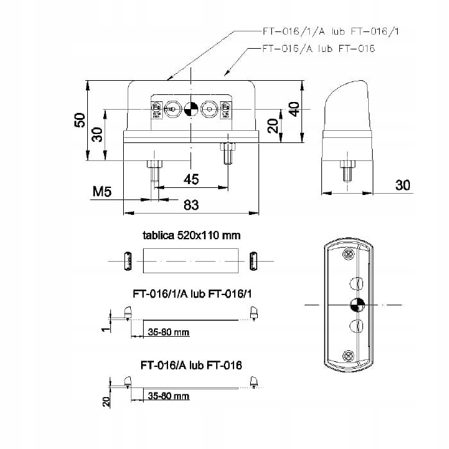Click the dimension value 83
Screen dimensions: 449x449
[x=191, y=205]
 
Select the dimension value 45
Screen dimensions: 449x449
[x=191, y=180]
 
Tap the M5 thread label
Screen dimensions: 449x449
[x=103, y=191]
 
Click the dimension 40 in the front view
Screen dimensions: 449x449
[x=294, y=109]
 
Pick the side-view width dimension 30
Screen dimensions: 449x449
[x=402, y=185]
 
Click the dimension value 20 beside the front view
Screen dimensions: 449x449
[x=273, y=126]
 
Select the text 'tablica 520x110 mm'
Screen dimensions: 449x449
[x=191, y=235]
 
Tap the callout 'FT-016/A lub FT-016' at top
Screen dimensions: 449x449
[x=319, y=48]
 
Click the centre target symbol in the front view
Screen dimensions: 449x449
[x=190, y=110]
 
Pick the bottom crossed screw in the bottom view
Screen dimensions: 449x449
[x=348, y=355]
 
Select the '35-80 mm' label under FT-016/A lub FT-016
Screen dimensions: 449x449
[x=169, y=396]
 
